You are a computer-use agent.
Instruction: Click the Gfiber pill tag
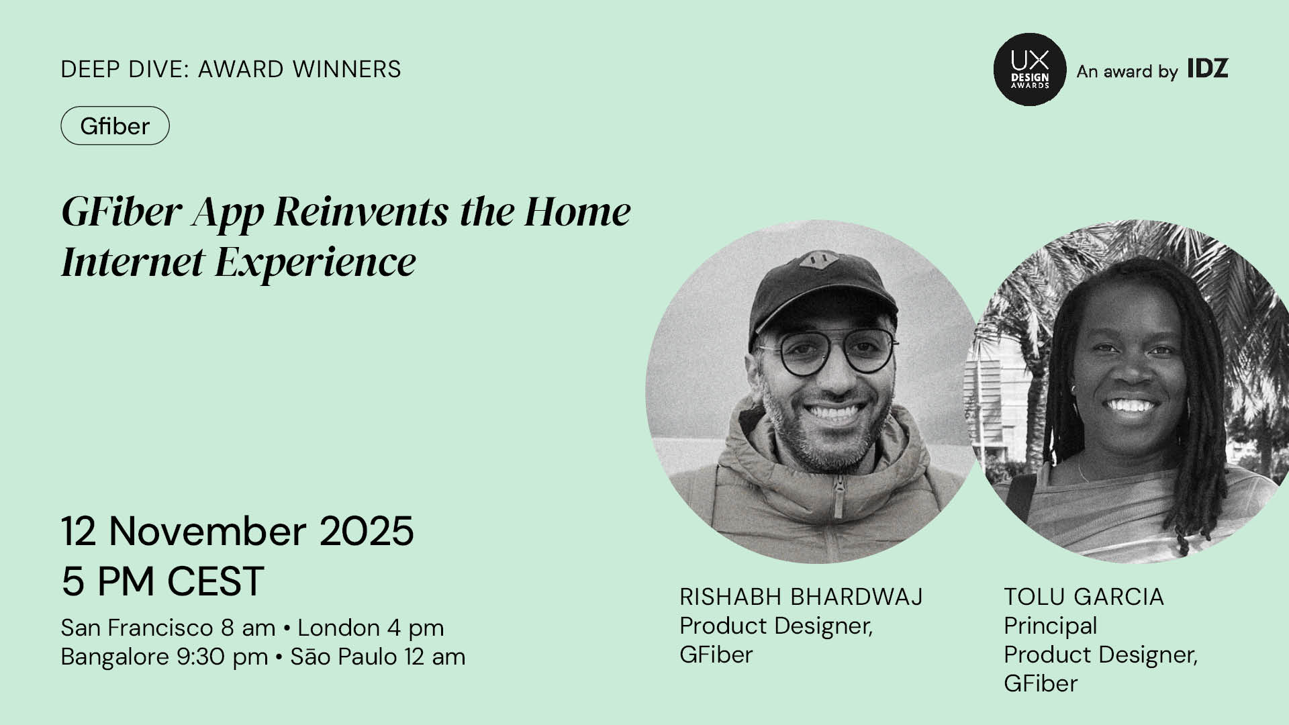tap(115, 126)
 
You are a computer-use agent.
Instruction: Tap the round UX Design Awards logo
tap(1029, 69)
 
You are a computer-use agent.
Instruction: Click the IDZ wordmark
tap(1208, 68)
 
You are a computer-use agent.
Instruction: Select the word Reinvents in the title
tap(362, 211)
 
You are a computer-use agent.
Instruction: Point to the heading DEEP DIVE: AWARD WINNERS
tap(231, 69)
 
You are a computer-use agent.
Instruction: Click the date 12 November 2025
tap(238, 531)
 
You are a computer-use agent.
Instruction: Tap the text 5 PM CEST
tap(162, 581)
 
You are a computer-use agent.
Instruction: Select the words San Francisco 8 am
tap(168, 628)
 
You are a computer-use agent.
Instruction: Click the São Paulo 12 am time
tap(377, 657)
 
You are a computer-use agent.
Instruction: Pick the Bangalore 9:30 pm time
tap(164, 657)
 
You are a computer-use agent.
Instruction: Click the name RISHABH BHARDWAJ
tap(802, 596)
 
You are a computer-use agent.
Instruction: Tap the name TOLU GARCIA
tap(1084, 596)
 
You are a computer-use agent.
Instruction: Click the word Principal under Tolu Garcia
tap(1051, 626)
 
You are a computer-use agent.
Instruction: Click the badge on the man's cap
tap(817, 260)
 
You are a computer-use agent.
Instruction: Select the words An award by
tap(1127, 71)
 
